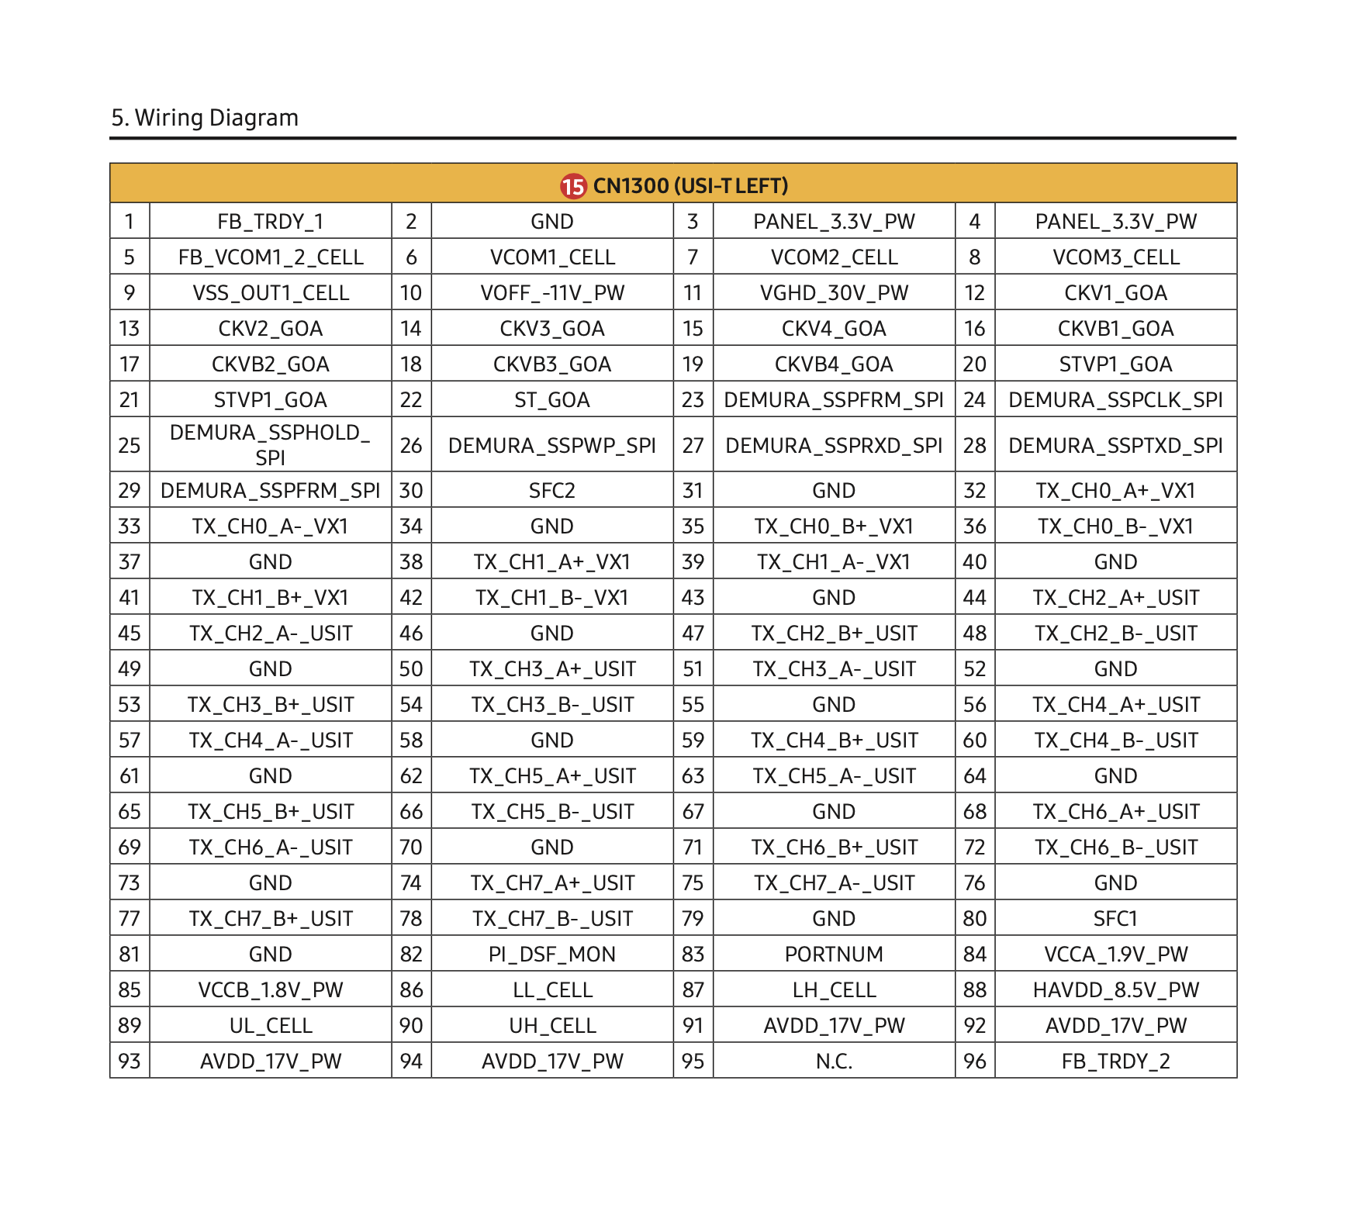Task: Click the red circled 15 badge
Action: tap(573, 186)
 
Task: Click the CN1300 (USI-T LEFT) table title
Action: tap(690, 186)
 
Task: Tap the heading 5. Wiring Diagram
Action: tap(205, 118)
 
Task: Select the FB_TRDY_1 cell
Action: tap(270, 222)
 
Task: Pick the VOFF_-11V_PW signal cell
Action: tap(552, 293)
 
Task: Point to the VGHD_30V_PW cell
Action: tap(834, 293)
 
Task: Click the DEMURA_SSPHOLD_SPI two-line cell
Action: tap(270, 445)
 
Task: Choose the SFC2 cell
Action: tap(552, 491)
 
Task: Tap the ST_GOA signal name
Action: tap(552, 400)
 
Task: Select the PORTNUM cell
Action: tap(834, 955)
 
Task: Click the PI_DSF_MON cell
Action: tap(552, 955)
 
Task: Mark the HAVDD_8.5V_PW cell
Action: tap(1115, 990)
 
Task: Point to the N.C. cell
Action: tap(834, 1062)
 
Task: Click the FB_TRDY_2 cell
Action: tap(1115, 1062)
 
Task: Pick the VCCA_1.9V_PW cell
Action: tap(1115, 955)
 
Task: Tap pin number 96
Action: tap(974, 1062)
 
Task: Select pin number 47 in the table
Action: tap(693, 634)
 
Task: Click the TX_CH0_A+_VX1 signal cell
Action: tap(1115, 491)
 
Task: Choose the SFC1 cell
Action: tap(1115, 919)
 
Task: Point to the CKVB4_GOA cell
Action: tap(834, 364)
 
